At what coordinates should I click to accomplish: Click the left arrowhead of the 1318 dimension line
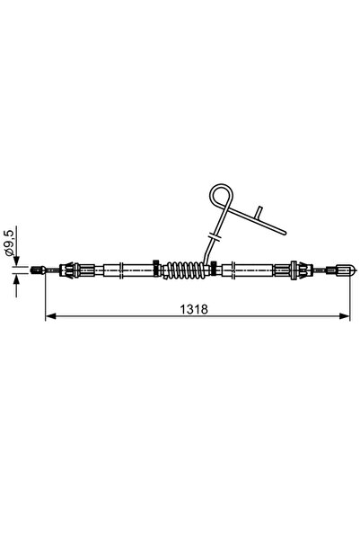pyautogui.click(x=50, y=316)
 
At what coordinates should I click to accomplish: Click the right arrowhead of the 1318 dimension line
pyautogui.click(x=345, y=316)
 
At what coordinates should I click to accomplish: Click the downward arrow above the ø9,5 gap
pyautogui.click(x=17, y=258)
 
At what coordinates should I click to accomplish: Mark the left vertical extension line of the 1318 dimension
pyautogui.click(x=45, y=297)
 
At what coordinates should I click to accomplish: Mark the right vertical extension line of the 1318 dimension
pyautogui.click(x=350, y=297)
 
